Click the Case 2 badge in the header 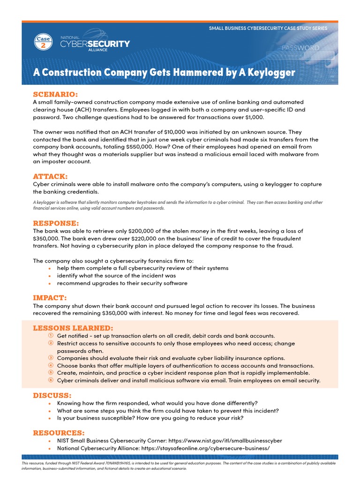coord(43,43)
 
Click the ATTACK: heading coord(50,176)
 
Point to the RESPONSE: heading coord(56,223)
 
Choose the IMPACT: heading coord(50,298)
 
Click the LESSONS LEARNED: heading coord(73,328)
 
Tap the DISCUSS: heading coord(52,395)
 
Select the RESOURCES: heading coord(59,432)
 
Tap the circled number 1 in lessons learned coord(50,336)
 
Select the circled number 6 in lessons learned coord(50,380)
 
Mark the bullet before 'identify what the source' coord(50,276)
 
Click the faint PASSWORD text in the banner coord(300,48)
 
